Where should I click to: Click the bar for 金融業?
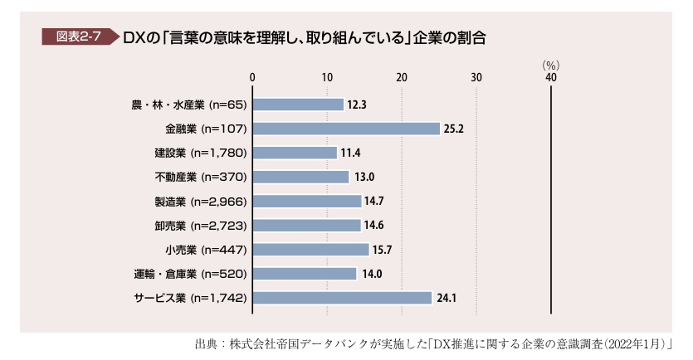click(347, 129)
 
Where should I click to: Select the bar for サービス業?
click(342, 298)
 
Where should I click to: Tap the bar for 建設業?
click(295, 153)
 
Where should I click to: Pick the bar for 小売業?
click(310, 250)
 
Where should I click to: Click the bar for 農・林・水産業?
click(298, 105)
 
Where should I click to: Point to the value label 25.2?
click(454, 129)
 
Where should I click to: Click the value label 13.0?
click(364, 178)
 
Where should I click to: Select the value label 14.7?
click(374, 202)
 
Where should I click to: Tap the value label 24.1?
click(447, 298)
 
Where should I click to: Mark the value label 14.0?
click(372, 274)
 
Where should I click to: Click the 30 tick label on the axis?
click(476, 78)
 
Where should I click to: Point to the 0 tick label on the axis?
click(252, 78)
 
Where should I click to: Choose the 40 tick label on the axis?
click(551, 78)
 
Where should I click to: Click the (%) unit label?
click(551, 66)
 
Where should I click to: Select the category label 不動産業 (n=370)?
click(201, 178)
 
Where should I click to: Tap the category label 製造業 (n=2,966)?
click(201, 202)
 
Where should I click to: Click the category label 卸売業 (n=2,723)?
click(201, 226)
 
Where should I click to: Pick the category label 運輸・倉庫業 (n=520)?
click(191, 274)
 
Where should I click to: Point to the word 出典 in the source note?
click(206, 344)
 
